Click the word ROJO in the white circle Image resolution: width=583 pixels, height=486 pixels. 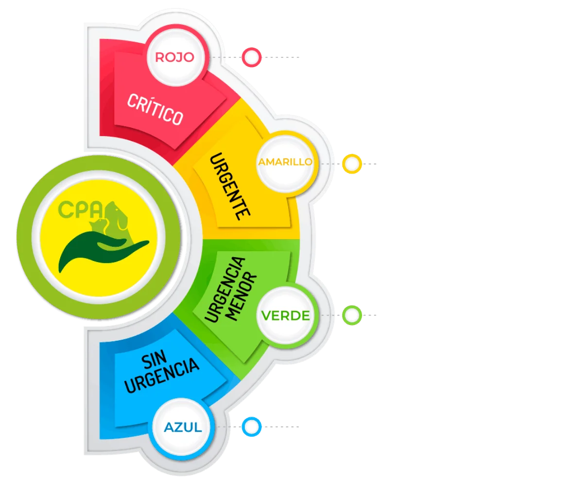[174, 57]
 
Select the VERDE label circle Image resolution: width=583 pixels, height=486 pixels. [285, 315]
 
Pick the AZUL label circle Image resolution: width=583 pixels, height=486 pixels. [183, 428]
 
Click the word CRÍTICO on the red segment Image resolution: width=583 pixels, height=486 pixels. [155, 109]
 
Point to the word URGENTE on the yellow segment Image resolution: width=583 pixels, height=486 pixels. [229, 187]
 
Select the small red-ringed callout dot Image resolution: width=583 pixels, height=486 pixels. [252, 57]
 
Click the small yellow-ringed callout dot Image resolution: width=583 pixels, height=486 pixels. [351, 164]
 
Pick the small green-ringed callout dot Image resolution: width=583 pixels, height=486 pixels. [351, 315]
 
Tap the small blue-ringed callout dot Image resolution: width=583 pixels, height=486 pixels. [252, 427]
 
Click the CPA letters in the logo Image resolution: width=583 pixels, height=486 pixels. [81, 209]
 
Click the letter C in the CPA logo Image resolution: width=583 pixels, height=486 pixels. [66, 210]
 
